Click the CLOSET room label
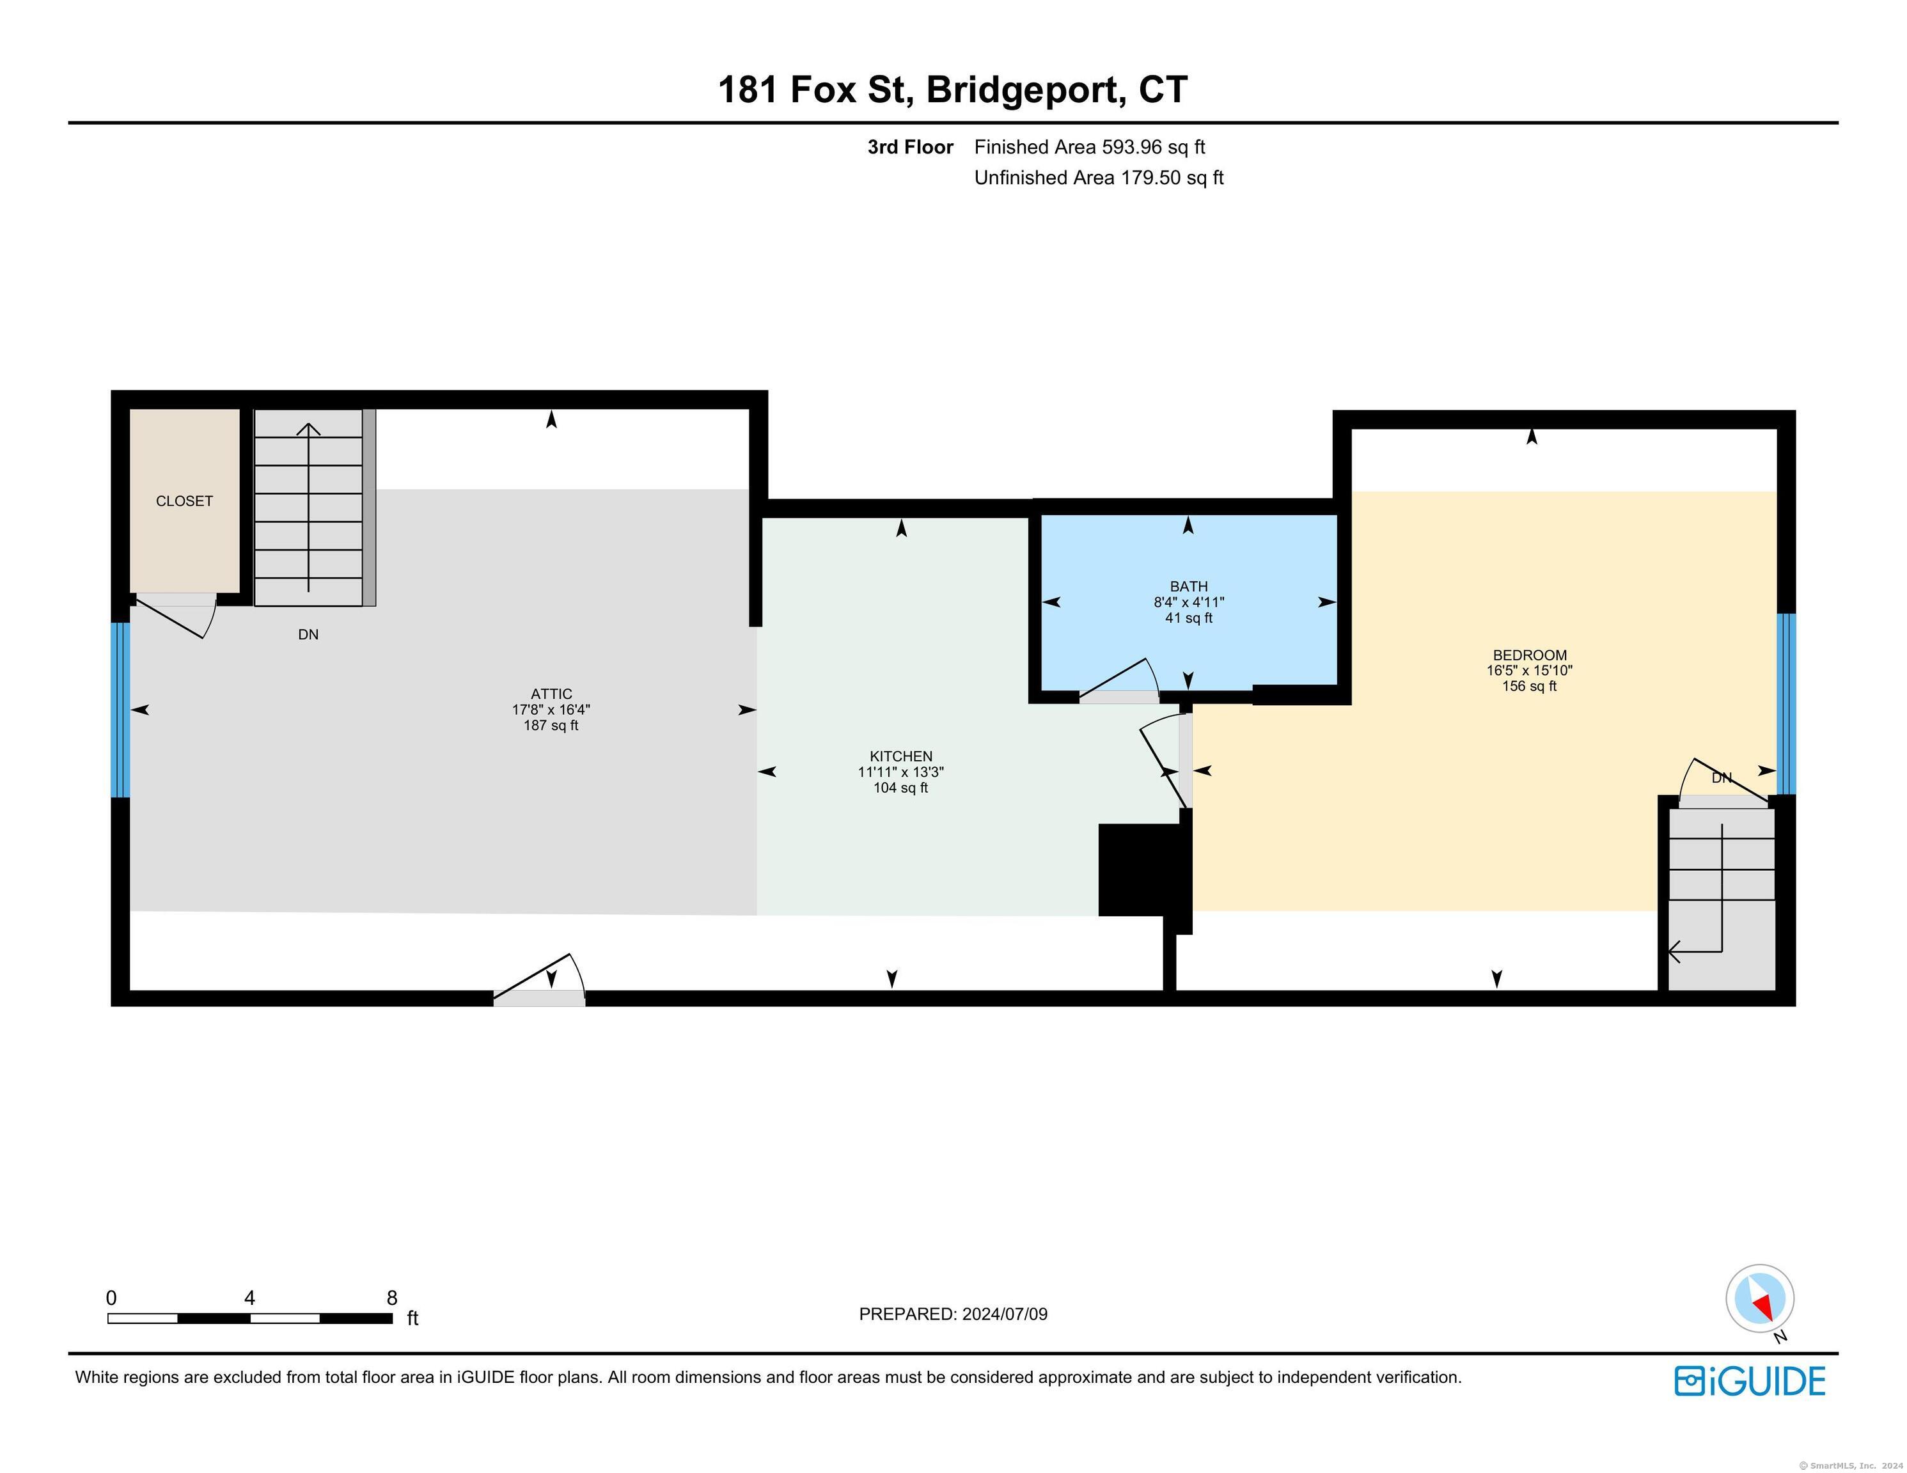184,501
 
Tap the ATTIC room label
551,694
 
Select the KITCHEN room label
901,756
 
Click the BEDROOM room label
1530,655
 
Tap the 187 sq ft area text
551,726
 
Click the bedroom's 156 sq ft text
1530,686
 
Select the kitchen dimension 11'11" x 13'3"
901,772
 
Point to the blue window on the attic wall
120,710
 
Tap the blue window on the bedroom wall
1787,704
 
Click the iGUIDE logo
1750,1380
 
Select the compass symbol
1761,1298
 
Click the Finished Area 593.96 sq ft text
1090,148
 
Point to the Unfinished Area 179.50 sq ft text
1099,178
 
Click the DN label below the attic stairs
308,635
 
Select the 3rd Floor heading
911,148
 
